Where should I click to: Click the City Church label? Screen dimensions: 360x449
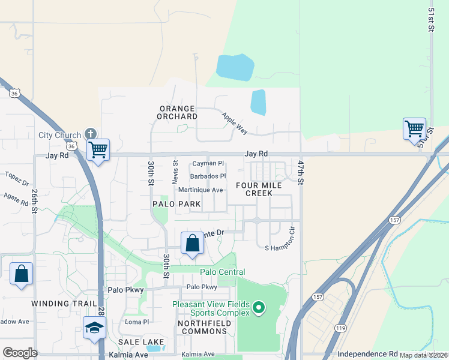pyautogui.click(x=59, y=135)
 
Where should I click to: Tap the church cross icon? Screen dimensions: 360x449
pyautogui.click(x=91, y=133)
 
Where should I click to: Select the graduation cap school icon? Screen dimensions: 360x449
pyautogui.click(x=94, y=327)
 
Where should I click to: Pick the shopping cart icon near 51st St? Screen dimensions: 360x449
pyautogui.click(x=414, y=128)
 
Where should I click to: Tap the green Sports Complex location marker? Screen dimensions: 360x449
pyautogui.click(x=259, y=308)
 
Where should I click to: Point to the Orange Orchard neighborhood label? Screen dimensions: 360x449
pyautogui.click(x=178, y=112)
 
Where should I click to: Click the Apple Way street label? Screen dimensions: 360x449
pyautogui.click(x=234, y=122)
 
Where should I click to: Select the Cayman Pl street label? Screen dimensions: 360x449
pyautogui.click(x=208, y=163)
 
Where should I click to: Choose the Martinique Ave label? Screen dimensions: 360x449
pyautogui.click(x=201, y=190)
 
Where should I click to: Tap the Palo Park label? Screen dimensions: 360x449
pyautogui.click(x=176, y=205)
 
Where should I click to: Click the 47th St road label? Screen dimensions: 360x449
pyautogui.click(x=301, y=172)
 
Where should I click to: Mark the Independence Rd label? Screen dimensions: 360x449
pyautogui.click(x=367, y=354)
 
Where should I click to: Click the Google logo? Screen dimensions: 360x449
pyautogui.click(x=20, y=352)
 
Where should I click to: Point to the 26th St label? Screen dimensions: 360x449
pyautogui.click(x=34, y=202)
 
